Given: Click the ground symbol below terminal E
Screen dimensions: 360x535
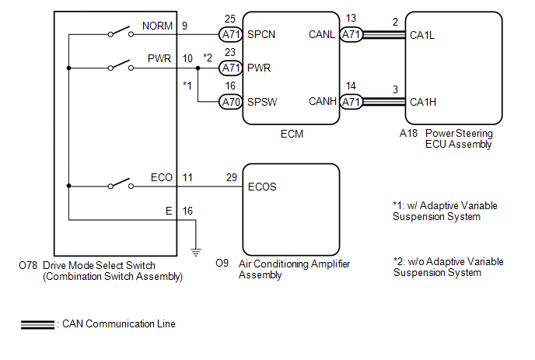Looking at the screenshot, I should pos(195,250).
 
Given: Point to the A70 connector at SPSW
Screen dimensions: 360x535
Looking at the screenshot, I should pos(230,102).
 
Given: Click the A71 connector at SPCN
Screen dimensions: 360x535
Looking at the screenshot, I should pos(230,35).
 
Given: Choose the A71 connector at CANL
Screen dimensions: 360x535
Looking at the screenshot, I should pos(351,35).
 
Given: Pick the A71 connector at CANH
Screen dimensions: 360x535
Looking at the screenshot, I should pos(351,102).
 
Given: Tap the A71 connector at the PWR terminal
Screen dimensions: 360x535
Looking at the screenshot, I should pos(230,68).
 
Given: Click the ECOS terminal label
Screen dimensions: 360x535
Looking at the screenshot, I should pos(262,187).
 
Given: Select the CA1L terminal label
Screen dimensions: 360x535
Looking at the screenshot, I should pos(423,35).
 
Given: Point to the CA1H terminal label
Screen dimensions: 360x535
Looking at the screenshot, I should pos(423,102).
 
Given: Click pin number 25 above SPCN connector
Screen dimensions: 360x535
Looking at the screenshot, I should pos(230,18).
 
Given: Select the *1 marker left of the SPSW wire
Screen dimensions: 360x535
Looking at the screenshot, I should pos(187,84).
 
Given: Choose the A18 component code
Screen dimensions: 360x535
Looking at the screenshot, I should pos(407,134).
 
